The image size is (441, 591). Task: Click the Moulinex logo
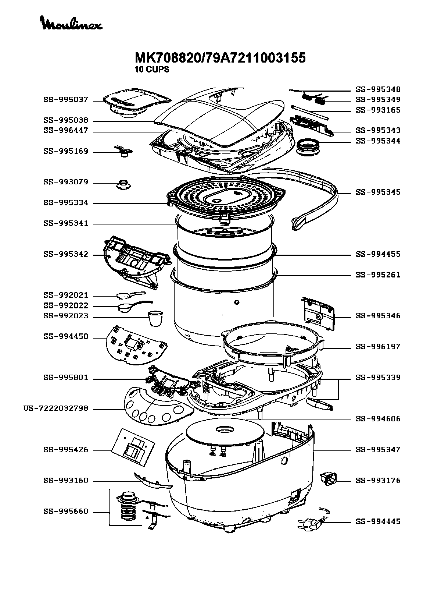[x=71, y=24]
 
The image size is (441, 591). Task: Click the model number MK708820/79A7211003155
[x=220, y=58]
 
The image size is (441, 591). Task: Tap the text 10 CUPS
[x=152, y=70]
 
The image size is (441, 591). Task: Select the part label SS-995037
[x=66, y=100]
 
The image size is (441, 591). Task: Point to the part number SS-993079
[x=66, y=182]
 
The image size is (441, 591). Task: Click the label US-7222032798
[x=55, y=408]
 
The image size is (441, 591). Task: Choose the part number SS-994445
[x=378, y=521]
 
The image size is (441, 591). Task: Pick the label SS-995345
[x=378, y=192]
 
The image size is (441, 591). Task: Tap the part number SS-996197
[x=378, y=347]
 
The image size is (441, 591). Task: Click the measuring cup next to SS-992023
[x=156, y=319]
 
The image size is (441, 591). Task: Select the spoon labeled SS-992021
[x=130, y=295]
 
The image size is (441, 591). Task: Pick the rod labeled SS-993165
[x=310, y=112]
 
